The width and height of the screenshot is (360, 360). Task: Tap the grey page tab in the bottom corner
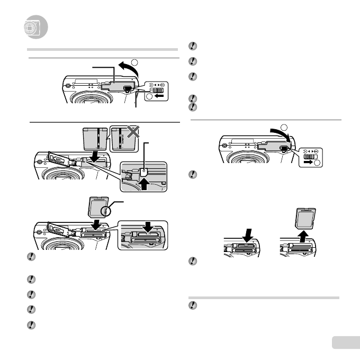tap(345, 343)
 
